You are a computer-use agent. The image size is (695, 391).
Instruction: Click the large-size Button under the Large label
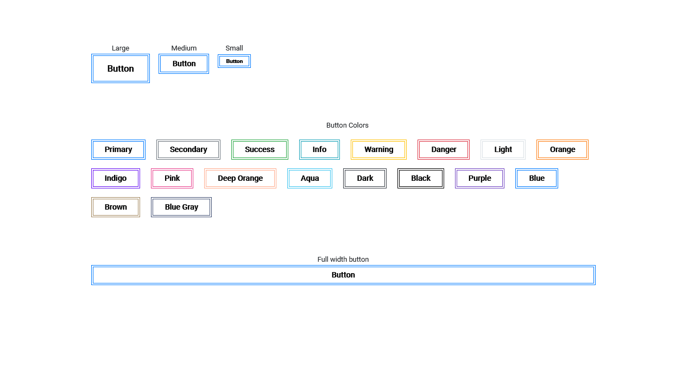coord(121,68)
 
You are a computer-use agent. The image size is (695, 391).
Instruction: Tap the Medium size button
coord(184,64)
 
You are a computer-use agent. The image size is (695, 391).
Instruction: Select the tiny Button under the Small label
coord(235,61)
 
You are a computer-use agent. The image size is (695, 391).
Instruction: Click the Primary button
coord(118,149)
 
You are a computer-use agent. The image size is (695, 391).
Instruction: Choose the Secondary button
coord(188,149)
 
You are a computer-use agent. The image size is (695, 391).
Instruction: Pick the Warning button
coord(379,149)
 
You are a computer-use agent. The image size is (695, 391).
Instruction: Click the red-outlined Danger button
coord(444,149)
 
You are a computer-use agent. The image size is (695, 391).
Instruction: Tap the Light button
coord(503,149)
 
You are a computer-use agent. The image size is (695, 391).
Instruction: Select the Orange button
coord(563,149)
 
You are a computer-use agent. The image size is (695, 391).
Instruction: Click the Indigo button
coord(116,178)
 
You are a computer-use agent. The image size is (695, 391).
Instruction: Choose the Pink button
coord(172,178)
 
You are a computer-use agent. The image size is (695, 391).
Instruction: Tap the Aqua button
coord(310,178)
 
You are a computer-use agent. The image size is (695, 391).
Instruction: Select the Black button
coord(421,178)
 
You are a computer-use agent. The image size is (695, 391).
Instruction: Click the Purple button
coord(480,178)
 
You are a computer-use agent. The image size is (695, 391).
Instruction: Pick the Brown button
coord(116,207)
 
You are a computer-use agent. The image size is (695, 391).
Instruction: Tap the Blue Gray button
coord(181,207)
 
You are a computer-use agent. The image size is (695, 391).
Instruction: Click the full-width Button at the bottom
coord(343,275)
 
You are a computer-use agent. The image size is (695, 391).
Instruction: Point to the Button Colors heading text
coord(347,125)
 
